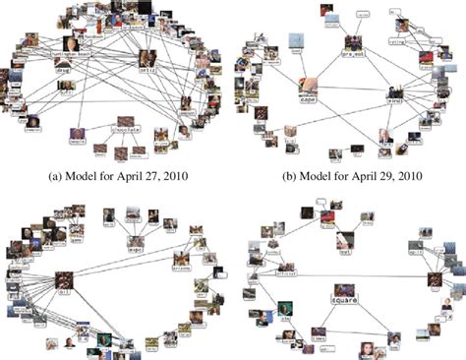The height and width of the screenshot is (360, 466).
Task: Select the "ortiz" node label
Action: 149,72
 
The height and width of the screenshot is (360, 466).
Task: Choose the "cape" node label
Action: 308,99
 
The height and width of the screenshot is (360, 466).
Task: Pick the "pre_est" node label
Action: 352,53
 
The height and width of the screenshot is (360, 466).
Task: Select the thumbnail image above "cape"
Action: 308,85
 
